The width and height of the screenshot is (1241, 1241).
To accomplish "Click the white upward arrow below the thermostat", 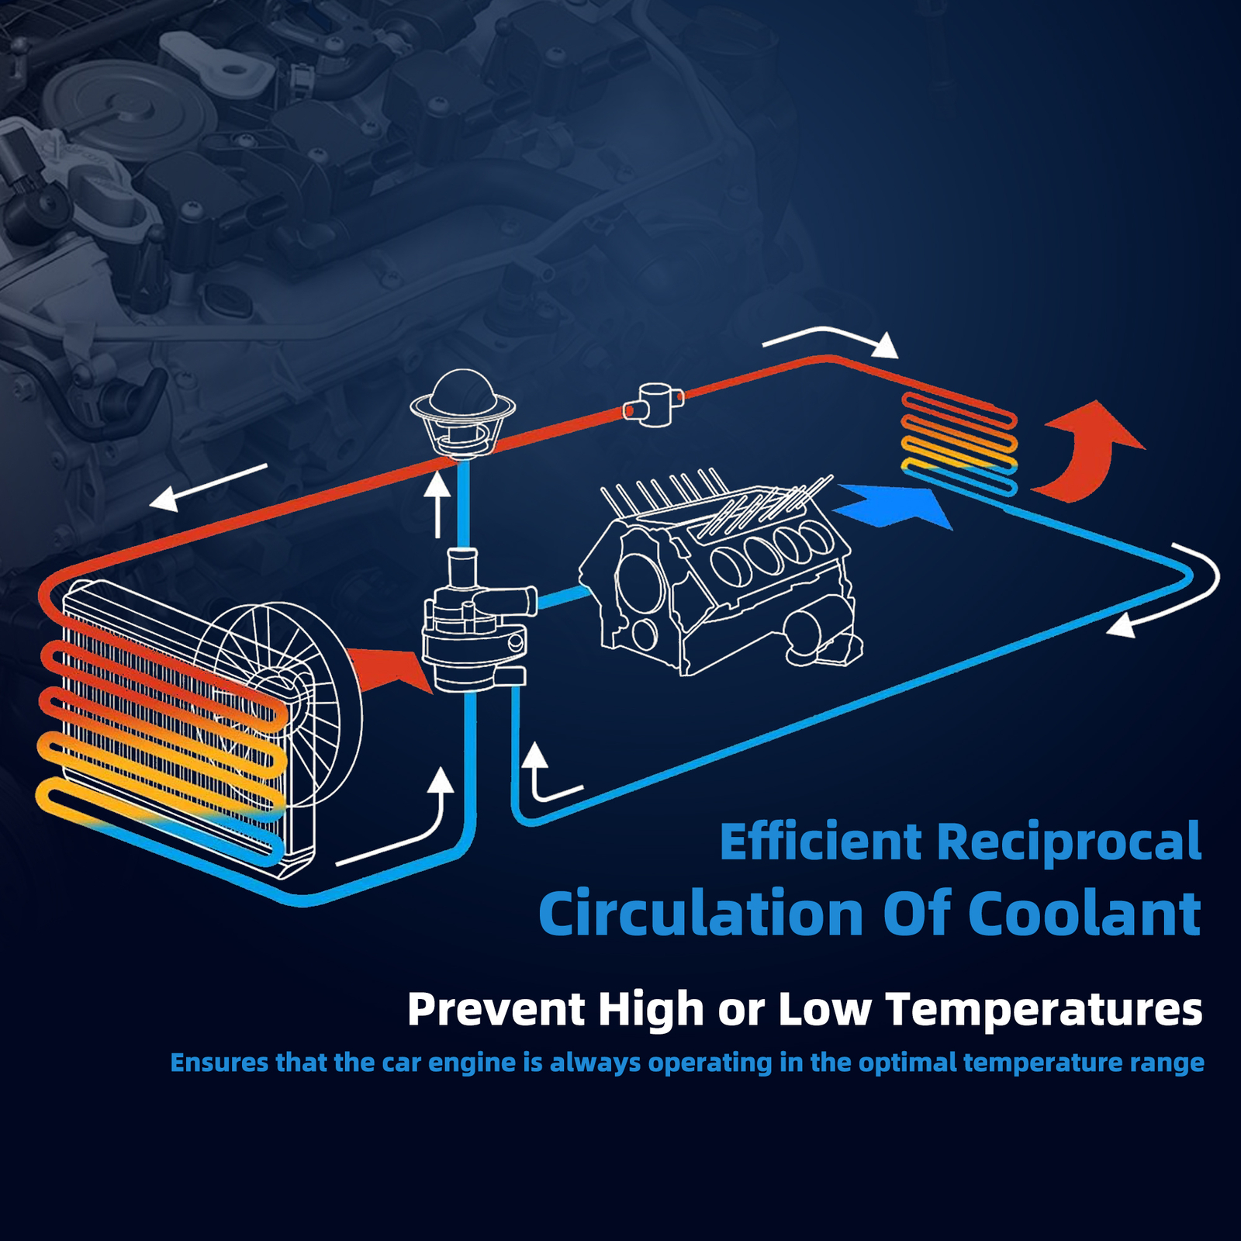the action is coord(438,504).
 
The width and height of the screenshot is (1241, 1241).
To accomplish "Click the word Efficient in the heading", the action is coord(821,841).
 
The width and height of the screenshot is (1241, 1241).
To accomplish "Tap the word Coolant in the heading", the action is coord(1085,913).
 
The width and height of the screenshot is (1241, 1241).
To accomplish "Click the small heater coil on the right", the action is coord(959,444).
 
